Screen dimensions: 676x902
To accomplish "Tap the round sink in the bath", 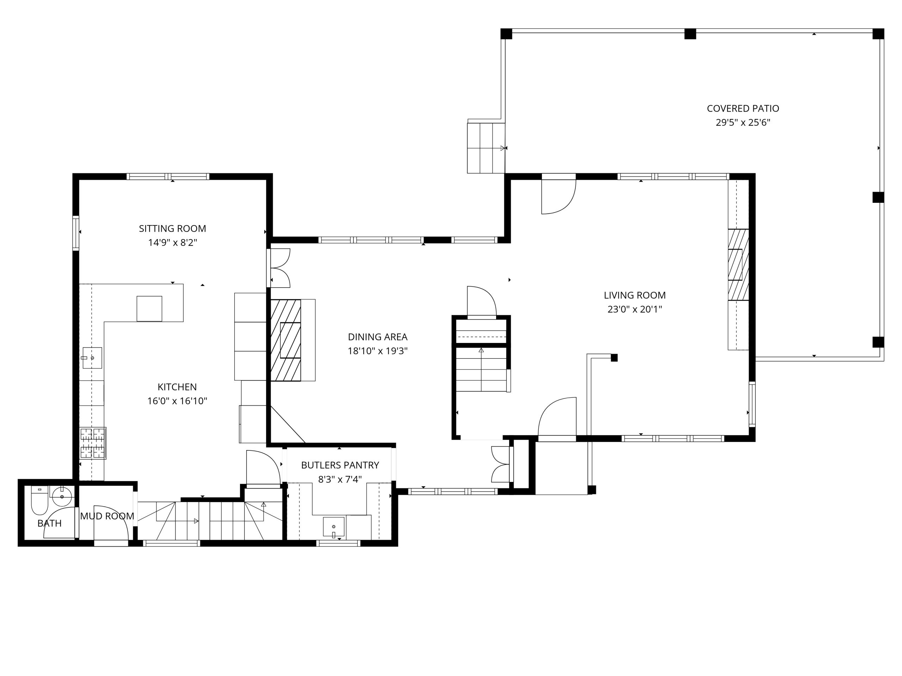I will coord(62,497).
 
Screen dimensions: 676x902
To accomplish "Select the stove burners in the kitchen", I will coord(93,443).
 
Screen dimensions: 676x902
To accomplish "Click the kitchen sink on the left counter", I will coord(92,358).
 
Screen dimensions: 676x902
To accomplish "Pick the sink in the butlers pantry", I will coord(334,526).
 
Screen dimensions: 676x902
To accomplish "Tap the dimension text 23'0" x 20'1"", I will coord(635,309).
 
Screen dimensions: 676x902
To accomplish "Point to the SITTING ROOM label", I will coord(173,229).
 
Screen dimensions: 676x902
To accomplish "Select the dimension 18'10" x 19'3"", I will coord(378,351).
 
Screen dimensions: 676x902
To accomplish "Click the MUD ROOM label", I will coord(107,516).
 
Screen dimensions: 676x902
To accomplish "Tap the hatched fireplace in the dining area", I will coord(286,340).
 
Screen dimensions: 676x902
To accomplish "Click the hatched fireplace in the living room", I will coord(738,264).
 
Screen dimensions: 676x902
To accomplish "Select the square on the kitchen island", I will coord(149,308).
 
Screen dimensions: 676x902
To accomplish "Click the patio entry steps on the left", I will coord(486,148).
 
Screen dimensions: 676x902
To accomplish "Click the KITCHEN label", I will coord(177,387).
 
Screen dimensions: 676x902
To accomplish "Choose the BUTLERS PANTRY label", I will coord(340,465).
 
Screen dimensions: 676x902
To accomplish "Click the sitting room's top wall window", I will coord(168,176).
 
